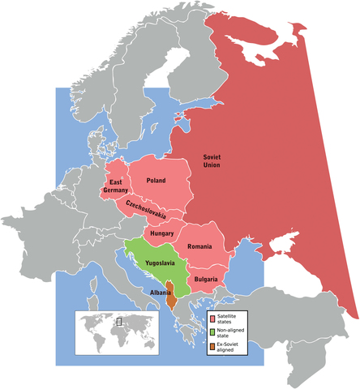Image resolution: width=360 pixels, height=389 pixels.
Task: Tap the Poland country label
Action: (156, 181)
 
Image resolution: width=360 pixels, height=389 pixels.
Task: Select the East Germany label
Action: (117, 186)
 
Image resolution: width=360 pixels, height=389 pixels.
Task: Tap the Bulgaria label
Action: (205, 279)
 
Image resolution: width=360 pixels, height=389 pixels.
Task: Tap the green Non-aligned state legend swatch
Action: (211, 331)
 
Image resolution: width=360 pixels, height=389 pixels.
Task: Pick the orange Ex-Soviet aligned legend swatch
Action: (211, 346)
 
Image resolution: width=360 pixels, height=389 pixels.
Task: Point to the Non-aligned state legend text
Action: (231, 331)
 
